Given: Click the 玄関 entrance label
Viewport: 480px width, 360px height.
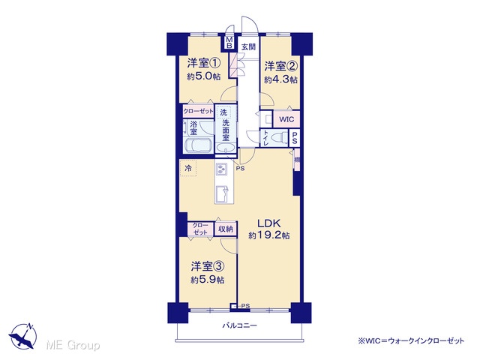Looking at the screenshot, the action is click(x=248, y=46).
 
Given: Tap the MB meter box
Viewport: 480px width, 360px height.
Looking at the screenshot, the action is click(x=229, y=43).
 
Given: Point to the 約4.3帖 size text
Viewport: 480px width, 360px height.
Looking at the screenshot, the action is click(x=280, y=79).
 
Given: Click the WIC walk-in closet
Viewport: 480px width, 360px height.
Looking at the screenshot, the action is click(x=286, y=119).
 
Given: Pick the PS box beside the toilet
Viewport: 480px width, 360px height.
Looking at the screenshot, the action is click(x=294, y=138).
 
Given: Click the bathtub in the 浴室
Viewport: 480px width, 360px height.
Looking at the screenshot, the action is click(x=199, y=145).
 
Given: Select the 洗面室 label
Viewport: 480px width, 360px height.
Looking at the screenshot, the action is click(x=226, y=130).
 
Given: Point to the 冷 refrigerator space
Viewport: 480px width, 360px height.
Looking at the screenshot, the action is click(x=188, y=168).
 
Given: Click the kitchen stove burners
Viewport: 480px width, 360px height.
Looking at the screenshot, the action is click(x=220, y=169).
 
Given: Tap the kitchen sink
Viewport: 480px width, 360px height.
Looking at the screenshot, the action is click(x=221, y=194).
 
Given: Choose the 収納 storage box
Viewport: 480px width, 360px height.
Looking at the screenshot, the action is click(x=226, y=229).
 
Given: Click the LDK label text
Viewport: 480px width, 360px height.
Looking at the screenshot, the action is click(x=268, y=223).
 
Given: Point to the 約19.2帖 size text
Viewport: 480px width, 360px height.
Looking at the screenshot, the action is click(x=269, y=235).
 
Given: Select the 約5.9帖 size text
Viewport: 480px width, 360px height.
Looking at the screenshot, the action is click(x=208, y=280).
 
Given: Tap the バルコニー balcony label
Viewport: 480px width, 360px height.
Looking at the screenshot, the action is click(x=239, y=325).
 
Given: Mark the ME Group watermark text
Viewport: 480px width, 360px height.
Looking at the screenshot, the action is click(x=73, y=346).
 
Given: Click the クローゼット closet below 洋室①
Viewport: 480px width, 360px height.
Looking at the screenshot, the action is click(x=198, y=111).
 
